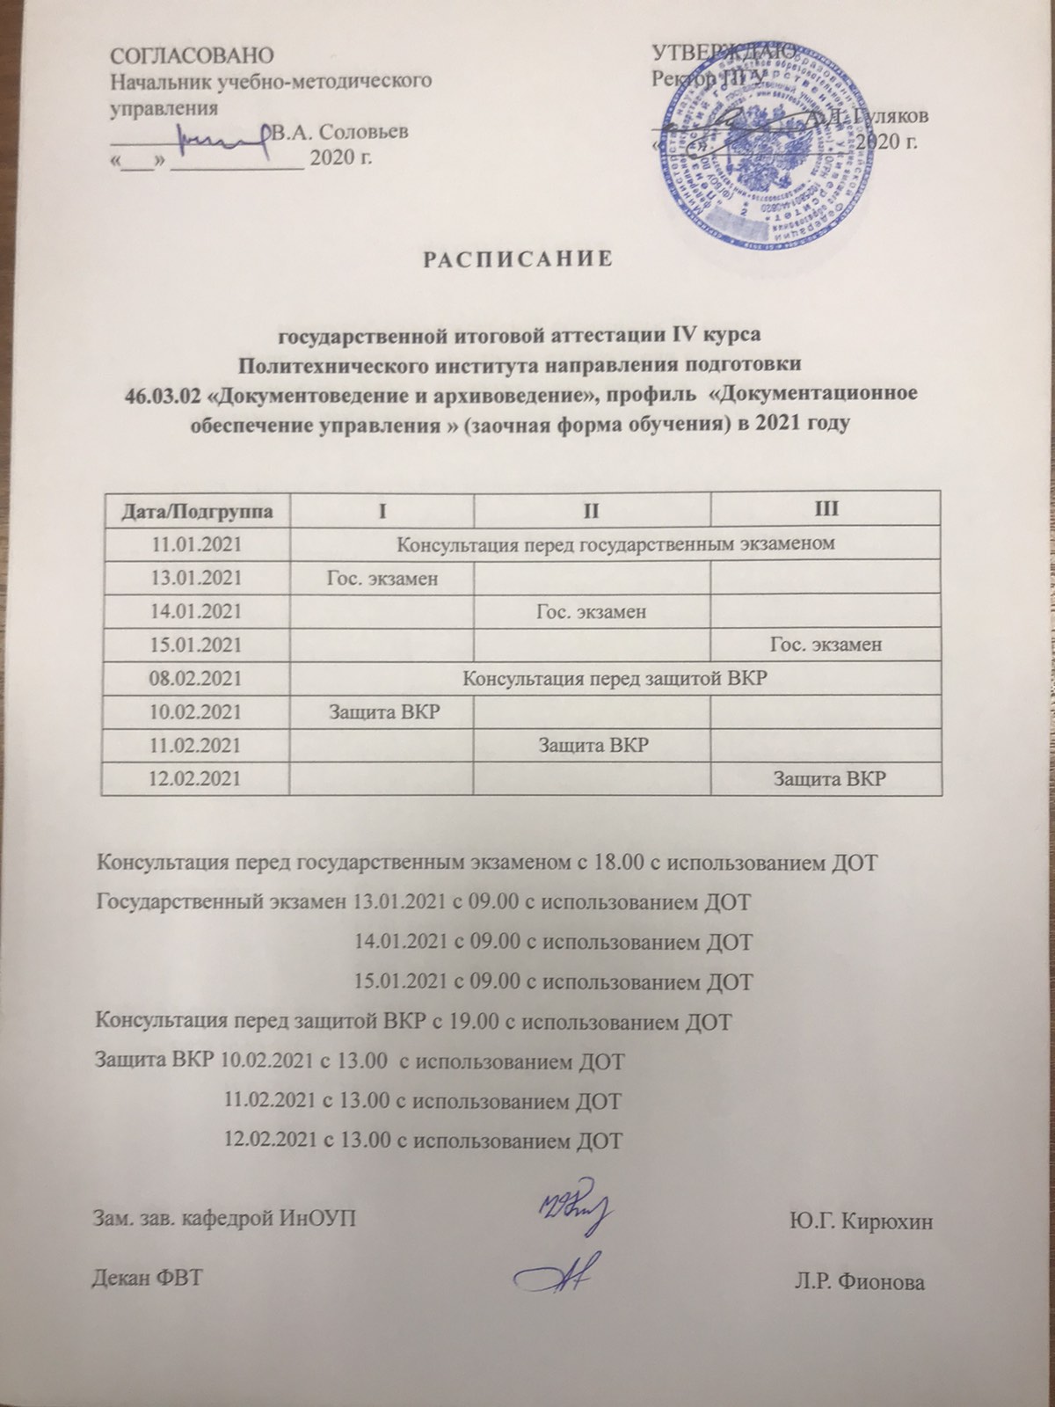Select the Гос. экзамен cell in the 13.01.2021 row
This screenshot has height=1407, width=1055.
pos(382,578)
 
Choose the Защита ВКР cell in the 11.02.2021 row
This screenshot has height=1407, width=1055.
pos(593,746)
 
